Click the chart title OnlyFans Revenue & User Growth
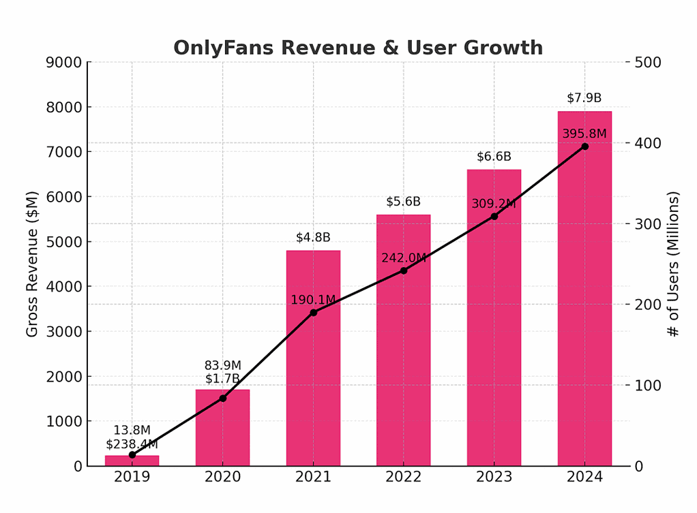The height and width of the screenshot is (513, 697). point(358,48)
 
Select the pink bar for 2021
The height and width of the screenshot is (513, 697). point(313,382)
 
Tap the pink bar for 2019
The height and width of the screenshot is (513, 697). point(132,461)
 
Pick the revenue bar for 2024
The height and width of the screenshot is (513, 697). point(584,307)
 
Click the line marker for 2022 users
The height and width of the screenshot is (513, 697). point(403,270)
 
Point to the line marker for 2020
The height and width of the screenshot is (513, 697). point(222,398)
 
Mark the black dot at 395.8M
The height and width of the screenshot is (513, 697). point(584,146)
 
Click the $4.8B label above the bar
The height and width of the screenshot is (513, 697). point(313,238)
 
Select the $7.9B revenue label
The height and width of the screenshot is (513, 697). point(584,98)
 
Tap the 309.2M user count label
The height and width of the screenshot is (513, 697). point(494,204)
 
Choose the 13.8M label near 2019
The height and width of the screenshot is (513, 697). point(132,431)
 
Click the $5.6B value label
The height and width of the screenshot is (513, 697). point(403,202)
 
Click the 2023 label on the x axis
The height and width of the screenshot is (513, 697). point(494,477)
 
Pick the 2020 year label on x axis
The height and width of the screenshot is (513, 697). point(222,477)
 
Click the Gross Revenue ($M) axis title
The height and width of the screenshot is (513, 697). point(32,264)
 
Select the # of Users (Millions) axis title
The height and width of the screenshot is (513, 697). point(673,264)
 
